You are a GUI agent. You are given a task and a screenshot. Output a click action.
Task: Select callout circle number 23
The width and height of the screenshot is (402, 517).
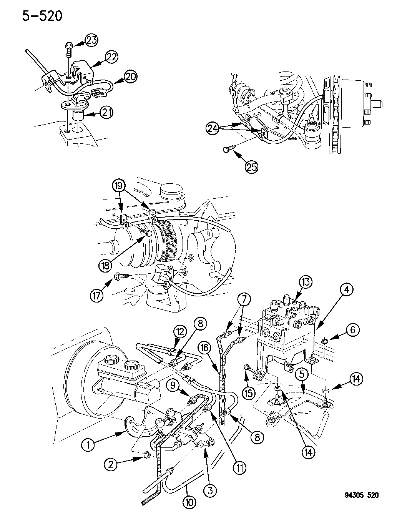[x=92, y=41]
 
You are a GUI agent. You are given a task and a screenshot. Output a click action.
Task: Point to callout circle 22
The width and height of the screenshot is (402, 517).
[x=112, y=58]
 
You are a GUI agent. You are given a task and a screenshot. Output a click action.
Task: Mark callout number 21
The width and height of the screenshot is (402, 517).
[x=107, y=112]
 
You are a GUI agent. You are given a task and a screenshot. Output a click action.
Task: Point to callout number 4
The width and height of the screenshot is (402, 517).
[x=346, y=291]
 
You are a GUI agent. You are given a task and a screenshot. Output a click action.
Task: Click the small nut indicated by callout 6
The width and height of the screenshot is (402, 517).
[x=324, y=340]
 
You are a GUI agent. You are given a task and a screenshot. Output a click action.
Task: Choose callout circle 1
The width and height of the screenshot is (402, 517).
[x=88, y=445]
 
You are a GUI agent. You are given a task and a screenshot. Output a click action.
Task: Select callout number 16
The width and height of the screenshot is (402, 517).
[x=204, y=348]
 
